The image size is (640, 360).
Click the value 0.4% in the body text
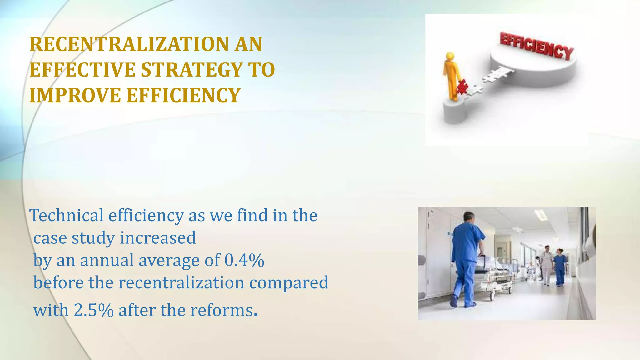point(244,260)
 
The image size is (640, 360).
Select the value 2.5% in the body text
point(93,310)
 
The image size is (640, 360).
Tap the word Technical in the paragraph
point(66,216)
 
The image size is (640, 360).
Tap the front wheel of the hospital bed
point(492,296)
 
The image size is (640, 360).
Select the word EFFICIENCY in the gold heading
point(183,95)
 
